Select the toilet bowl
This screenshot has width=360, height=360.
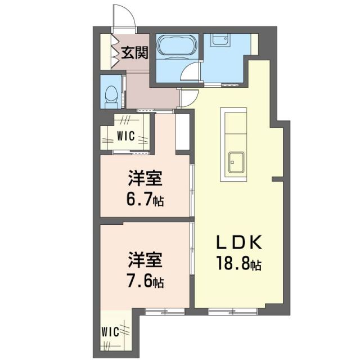pyautogui.click(x=111, y=94)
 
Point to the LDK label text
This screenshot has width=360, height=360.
pyautogui.click(x=238, y=243)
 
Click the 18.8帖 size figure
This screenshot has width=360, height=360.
pyautogui.click(x=240, y=263)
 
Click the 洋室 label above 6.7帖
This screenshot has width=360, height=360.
pyautogui.click(x=145, y=179)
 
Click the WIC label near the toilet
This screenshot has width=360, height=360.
pyautogui.click(x=125, y=135)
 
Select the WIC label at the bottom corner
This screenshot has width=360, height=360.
pyautogui.click(x=110, y=331)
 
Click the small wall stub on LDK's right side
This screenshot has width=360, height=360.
pyautogui.click(x=276, y=179)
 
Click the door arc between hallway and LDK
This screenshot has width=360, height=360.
pyautogui.click(x=189, y=99)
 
